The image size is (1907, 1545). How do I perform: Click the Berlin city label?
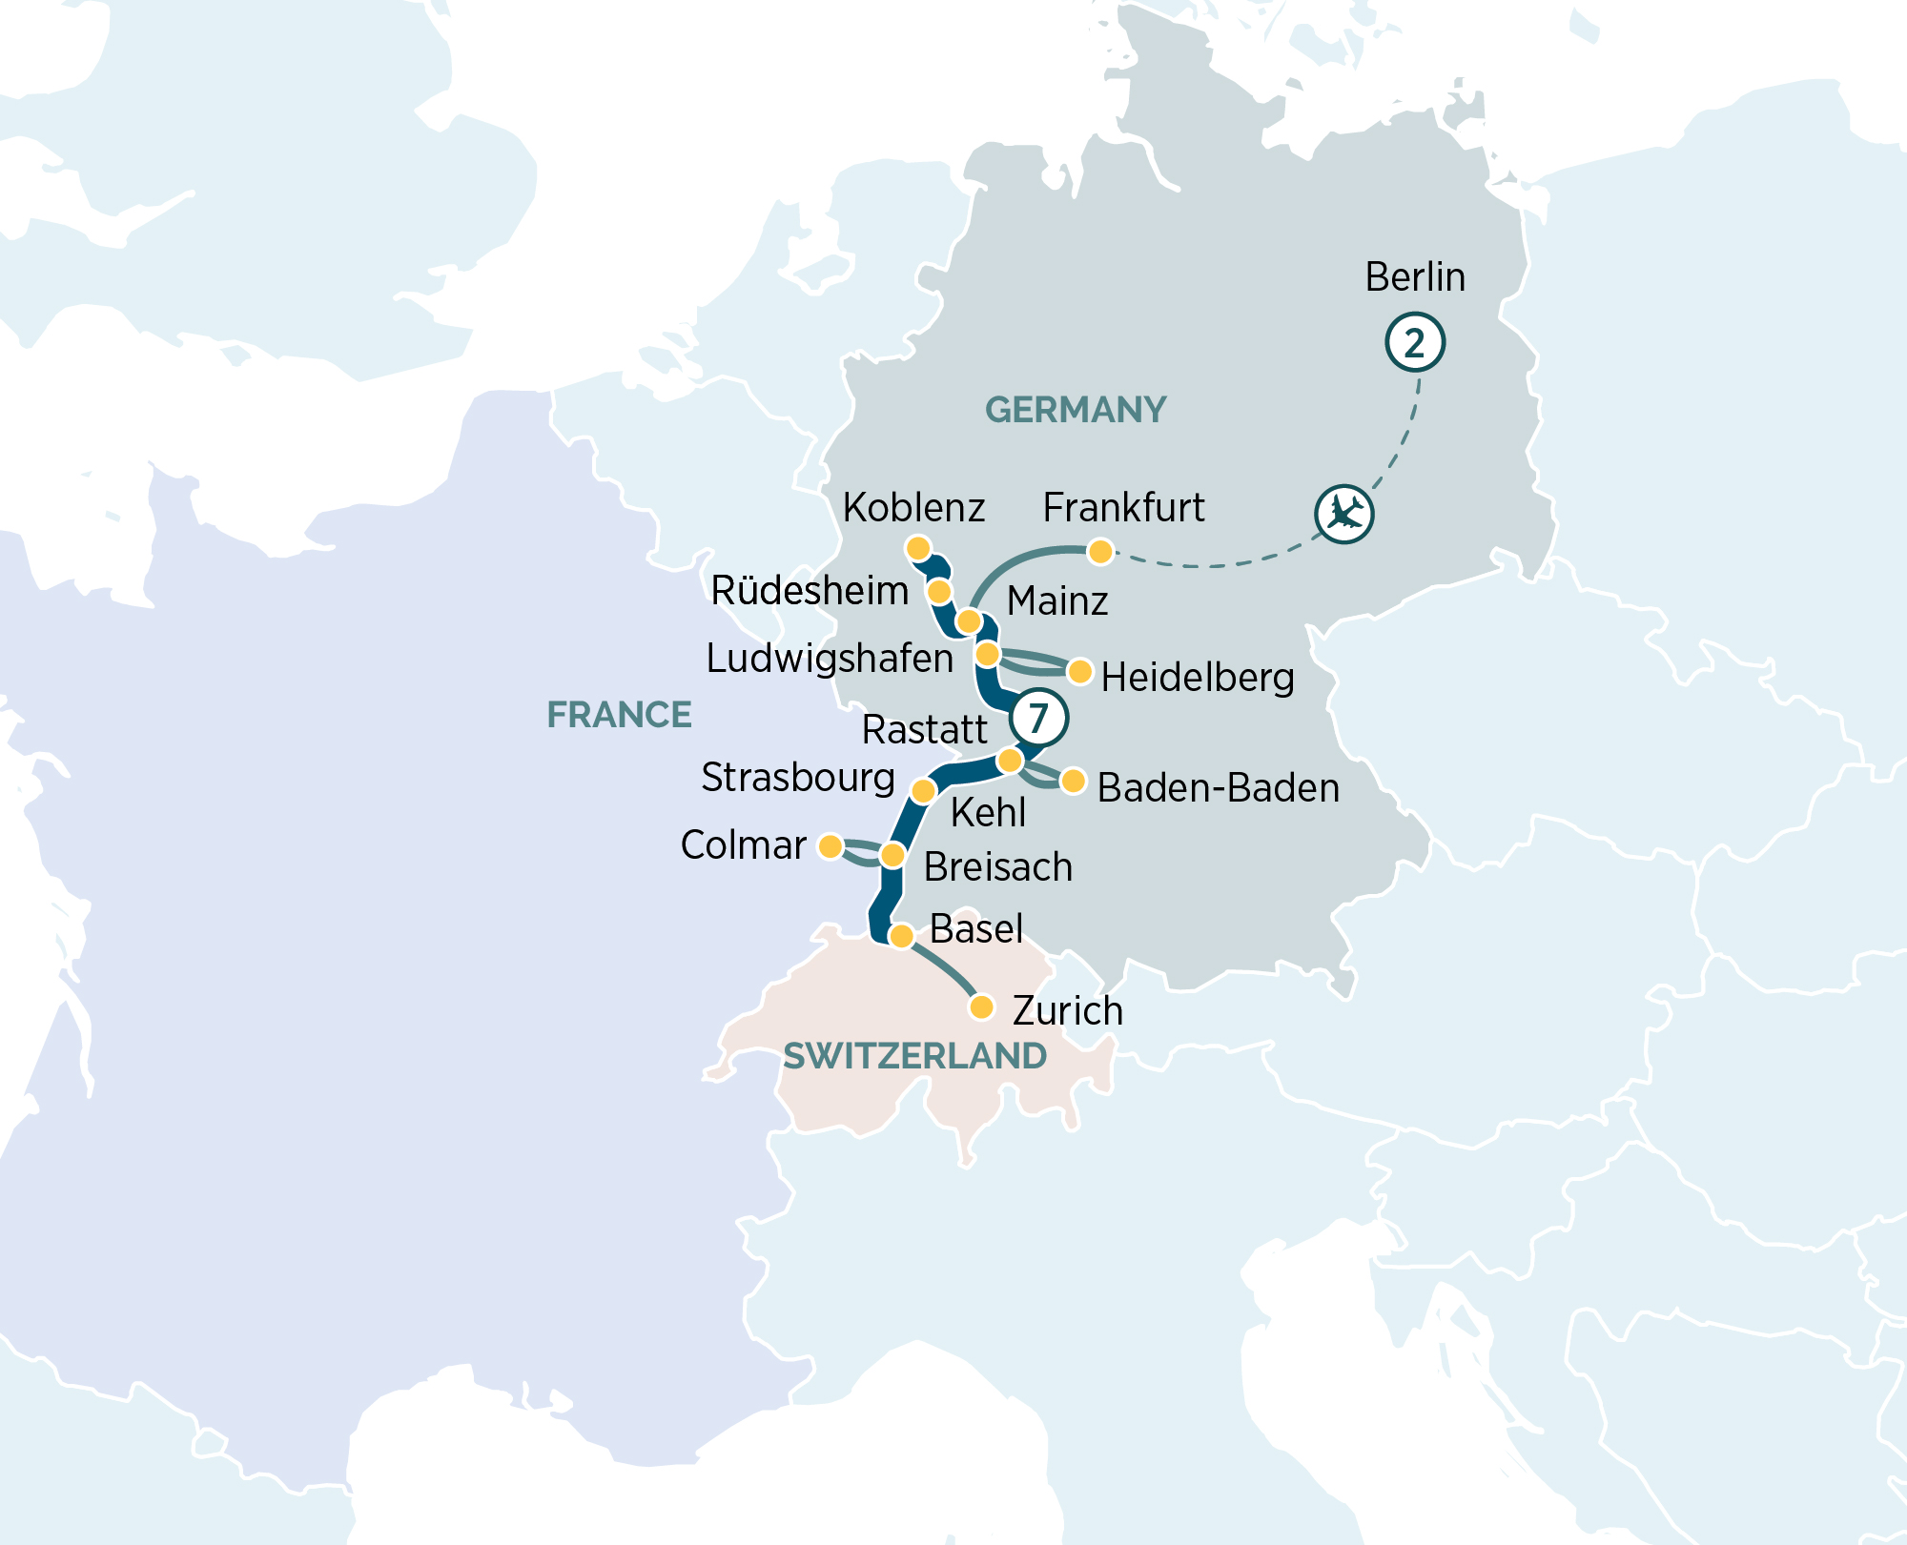click(1415, 277)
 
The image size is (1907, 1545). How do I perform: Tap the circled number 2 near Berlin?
click(1415, 342)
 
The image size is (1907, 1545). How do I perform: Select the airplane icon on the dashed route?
click(1344, 515)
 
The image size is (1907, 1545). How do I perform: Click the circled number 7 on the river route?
click(1038, 717)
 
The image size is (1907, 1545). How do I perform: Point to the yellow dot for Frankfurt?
click(1100, 551)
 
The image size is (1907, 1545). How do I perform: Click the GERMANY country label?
click(1076, 410)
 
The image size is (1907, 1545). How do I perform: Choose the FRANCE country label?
click(619, 715)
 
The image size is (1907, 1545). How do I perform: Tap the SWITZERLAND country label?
click(914, 1056)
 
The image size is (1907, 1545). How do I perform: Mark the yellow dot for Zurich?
click(981, 1006)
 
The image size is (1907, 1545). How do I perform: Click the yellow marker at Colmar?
click(830, 845)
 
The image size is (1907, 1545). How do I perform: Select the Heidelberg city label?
click(1198, 678)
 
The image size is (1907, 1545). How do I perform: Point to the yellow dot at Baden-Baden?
click(1073, 782)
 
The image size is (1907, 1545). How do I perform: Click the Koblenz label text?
click(913, 508)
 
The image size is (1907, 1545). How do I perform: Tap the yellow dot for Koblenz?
click(917, 548)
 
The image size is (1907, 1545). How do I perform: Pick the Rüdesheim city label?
click(810, 591)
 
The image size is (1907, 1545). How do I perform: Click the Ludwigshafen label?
click(830, 659)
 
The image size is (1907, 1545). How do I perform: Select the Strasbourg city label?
click(798, 778)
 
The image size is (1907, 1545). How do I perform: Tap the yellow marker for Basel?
click(901, 936)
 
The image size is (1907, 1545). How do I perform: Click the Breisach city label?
click(998, 867)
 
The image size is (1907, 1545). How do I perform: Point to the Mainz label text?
click(1057, 601)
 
